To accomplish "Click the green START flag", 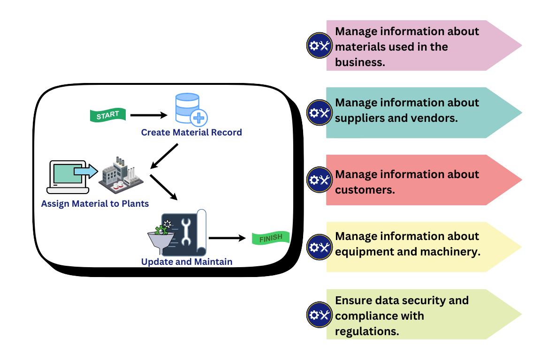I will pos(107,115).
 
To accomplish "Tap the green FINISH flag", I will pos(271,238).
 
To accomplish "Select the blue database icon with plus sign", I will pos(190,108).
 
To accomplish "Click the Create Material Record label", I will pos(191,133).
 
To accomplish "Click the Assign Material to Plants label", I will pos(95,203).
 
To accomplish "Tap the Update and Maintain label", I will pos(187,262).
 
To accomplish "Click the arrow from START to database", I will pos(149,115).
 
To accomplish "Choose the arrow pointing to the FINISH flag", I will pos(227,238).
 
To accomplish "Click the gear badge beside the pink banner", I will pos(319,45).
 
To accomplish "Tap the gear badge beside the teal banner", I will pos(319,112).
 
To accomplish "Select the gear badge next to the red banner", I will pos(319,180).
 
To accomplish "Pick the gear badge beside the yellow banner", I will pos(319,247).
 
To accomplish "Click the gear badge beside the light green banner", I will pos(319,315).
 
